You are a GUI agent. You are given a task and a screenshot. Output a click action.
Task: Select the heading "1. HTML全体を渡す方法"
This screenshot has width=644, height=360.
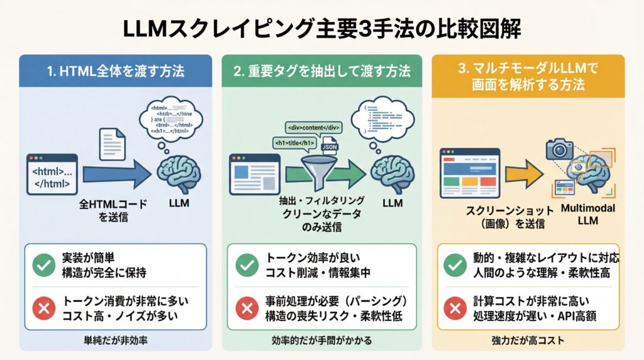(x=116, y=71)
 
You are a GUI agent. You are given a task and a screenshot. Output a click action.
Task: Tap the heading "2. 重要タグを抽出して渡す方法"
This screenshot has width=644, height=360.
(x=321, y=71)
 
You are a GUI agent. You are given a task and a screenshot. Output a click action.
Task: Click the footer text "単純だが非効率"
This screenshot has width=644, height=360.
(x=116, y=340)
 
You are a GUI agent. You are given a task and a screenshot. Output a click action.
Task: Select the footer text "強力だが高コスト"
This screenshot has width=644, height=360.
(x=528, y=340)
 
